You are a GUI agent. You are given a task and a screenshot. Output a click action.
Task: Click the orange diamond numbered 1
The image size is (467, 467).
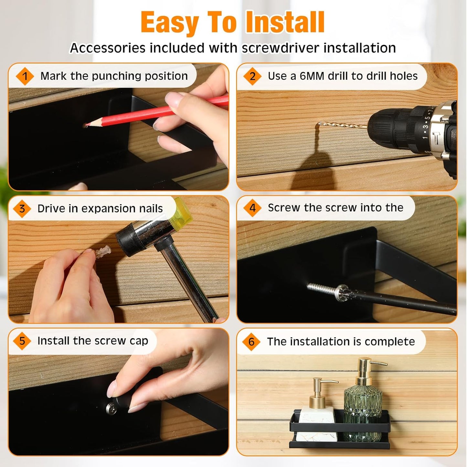click(x=25, y=76)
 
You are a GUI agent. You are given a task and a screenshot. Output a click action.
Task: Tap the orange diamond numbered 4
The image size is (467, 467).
click(x=252, y=208)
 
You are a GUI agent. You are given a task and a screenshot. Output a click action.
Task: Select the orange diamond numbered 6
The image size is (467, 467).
click(x=251, y=342)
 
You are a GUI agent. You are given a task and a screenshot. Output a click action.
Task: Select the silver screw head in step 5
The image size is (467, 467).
click(x=111, y=408)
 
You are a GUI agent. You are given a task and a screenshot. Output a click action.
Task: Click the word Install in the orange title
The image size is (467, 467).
click(x=287, y=23)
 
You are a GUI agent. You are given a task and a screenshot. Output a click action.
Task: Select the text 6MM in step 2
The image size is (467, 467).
click(x=312, y=76)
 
